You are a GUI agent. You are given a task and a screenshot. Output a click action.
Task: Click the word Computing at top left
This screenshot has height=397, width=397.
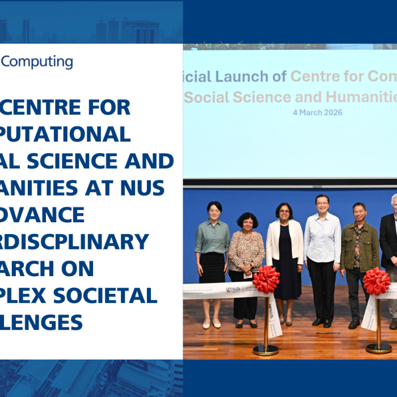tap(37, 62)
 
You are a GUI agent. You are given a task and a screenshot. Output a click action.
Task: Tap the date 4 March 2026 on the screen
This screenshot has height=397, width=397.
tap(317, 112)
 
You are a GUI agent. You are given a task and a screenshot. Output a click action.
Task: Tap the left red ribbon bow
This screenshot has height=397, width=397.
tap(265, 279)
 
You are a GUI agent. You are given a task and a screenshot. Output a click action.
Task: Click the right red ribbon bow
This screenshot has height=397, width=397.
tap(377, 281)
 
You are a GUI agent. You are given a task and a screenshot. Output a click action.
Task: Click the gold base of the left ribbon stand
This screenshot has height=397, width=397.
tap(265, 350)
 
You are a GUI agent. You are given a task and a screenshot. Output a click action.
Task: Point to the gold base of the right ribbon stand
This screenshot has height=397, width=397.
tap(378, 348)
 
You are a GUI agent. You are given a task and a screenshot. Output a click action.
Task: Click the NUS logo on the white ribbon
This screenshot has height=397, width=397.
tap(233, 289)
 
